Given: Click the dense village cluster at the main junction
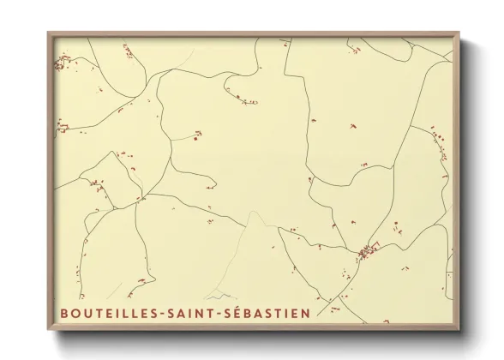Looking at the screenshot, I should tap(368, 251).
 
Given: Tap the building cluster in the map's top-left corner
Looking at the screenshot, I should tap(62, 62).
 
